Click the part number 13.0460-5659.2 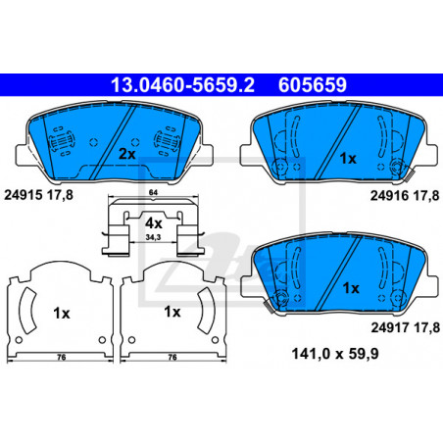(x=182, y=85)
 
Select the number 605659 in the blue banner (x=313, y=85)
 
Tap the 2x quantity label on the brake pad (x=126, y=154)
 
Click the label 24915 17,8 (x=38, y=195)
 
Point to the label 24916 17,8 (x=405, y=196)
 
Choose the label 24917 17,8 (x=406, y=327)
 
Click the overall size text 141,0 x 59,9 (x=335, y=354)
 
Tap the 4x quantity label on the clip (x=154, y=223)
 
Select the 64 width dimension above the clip (x=153, y=192)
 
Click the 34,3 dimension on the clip (x=153, y=237)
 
